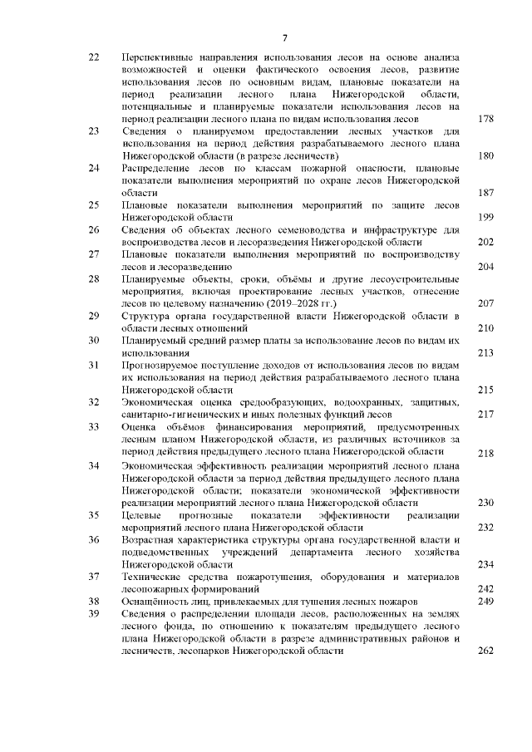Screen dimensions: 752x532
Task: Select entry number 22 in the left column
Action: [93, 57]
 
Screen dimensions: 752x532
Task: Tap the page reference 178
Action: [486, 120]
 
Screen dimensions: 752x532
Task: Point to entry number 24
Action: [93, 168]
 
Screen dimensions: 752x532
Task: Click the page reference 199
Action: [486, 217]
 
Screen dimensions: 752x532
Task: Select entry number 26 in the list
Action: [93, 229]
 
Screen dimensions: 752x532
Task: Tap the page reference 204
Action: [486, 267]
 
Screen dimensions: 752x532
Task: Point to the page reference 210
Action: [486, 328]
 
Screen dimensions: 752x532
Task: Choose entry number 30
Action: [93, 341]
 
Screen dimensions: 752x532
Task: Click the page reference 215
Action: [486, 389]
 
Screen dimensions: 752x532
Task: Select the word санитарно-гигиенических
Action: [173, 414]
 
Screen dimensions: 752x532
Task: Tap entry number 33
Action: [93, 426]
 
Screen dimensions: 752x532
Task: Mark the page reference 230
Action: [486, 503]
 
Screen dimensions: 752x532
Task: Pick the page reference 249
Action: [486, 601]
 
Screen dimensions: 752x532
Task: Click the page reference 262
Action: [486, 651]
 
